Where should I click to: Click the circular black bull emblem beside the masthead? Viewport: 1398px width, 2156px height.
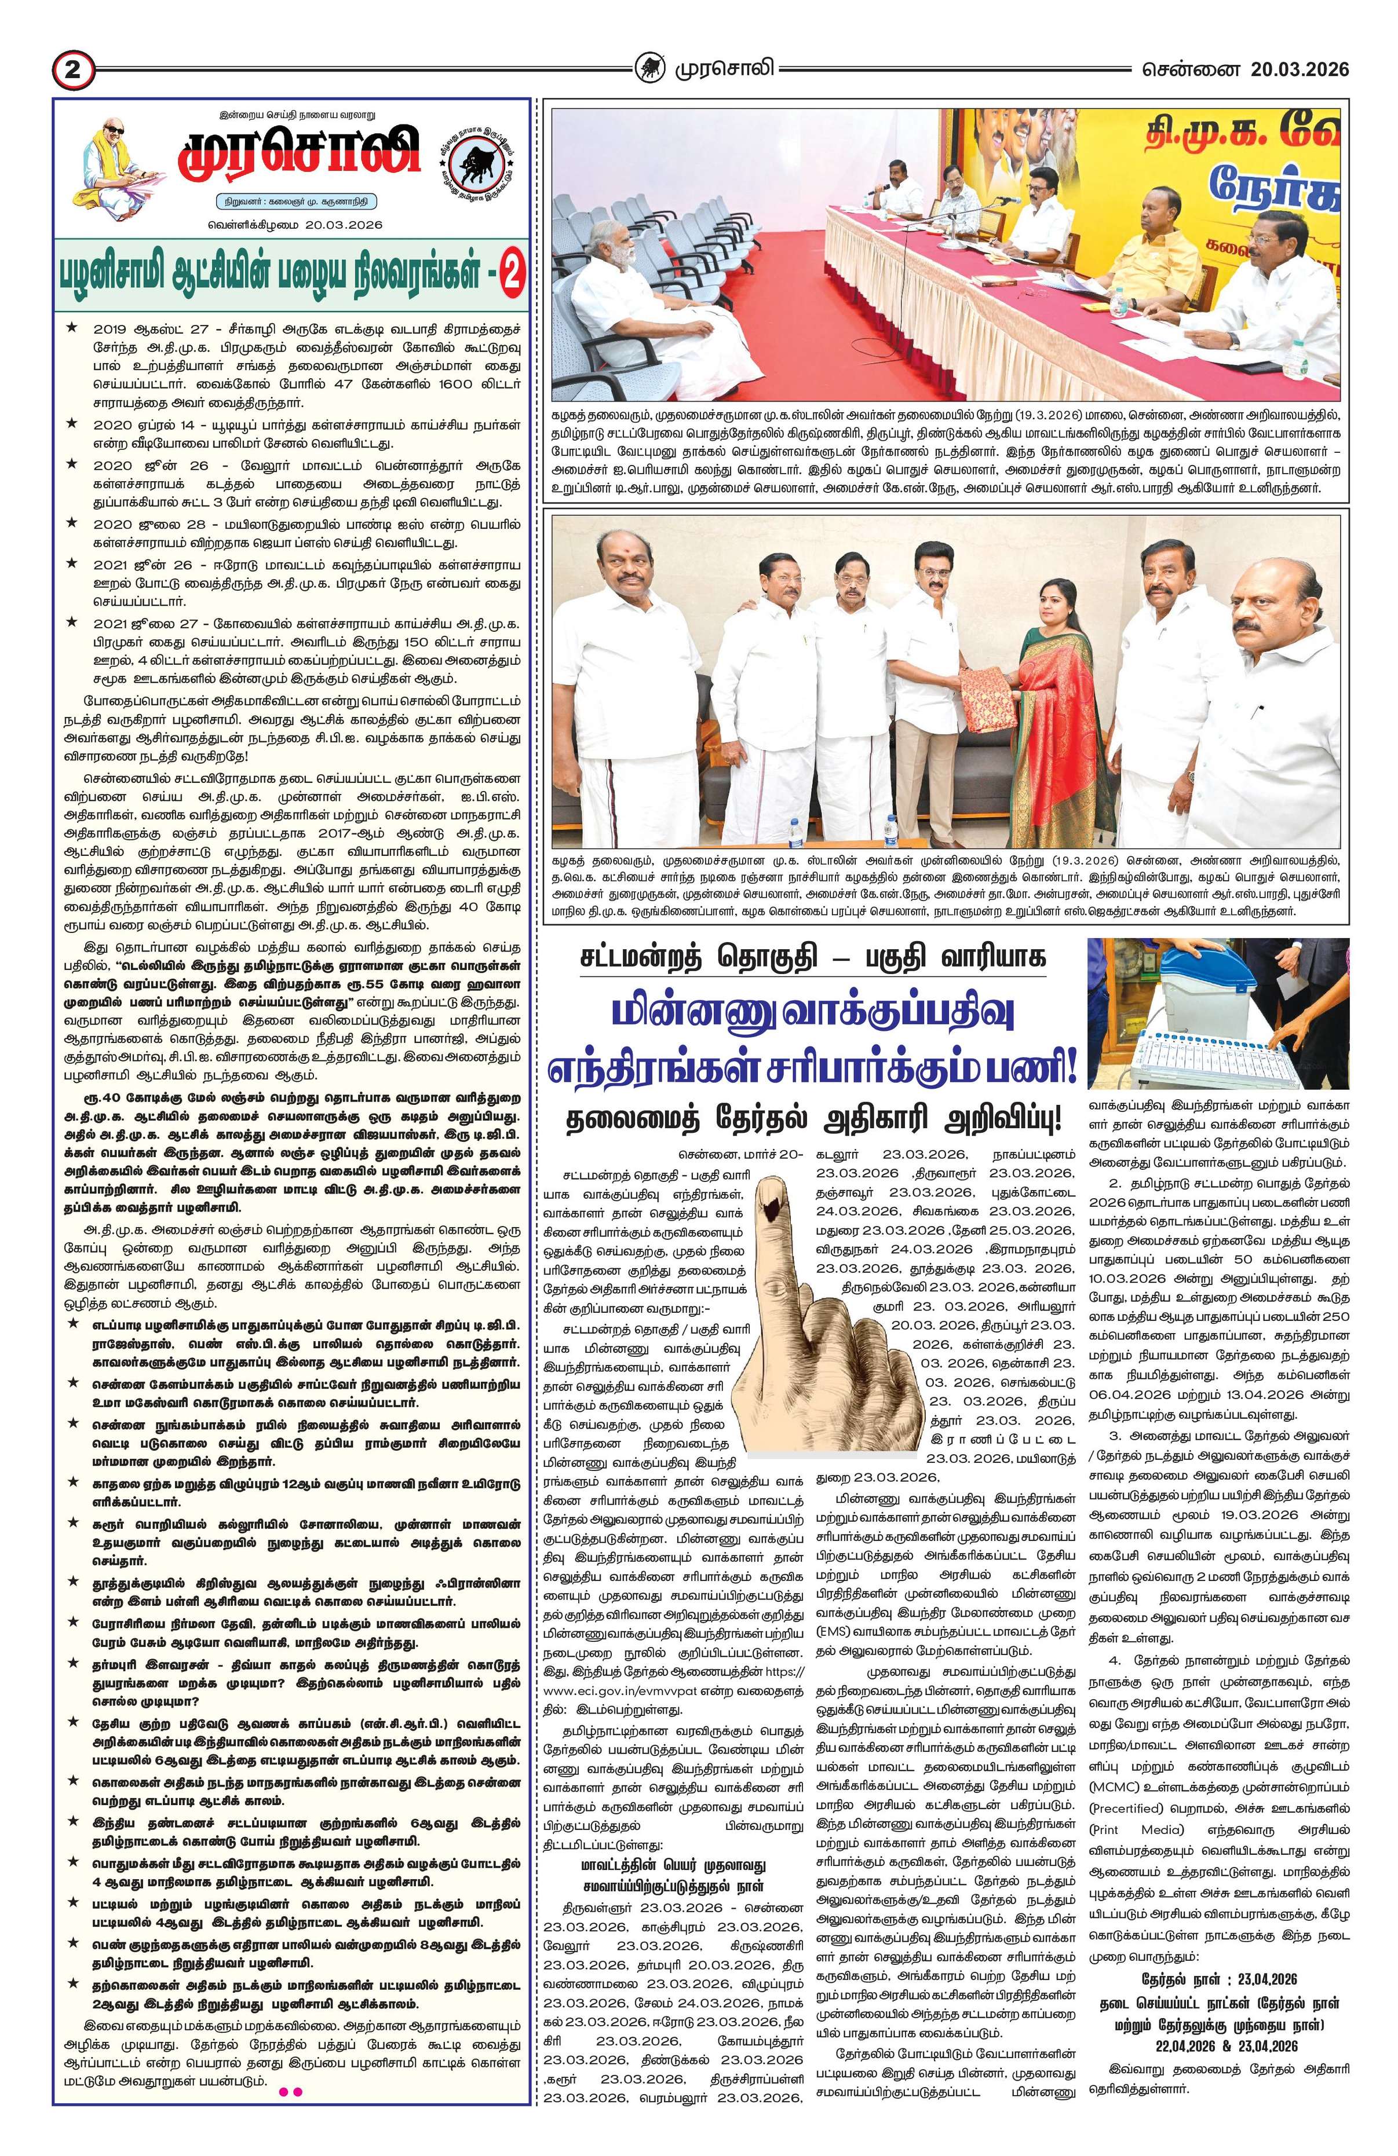click(477, 156)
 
